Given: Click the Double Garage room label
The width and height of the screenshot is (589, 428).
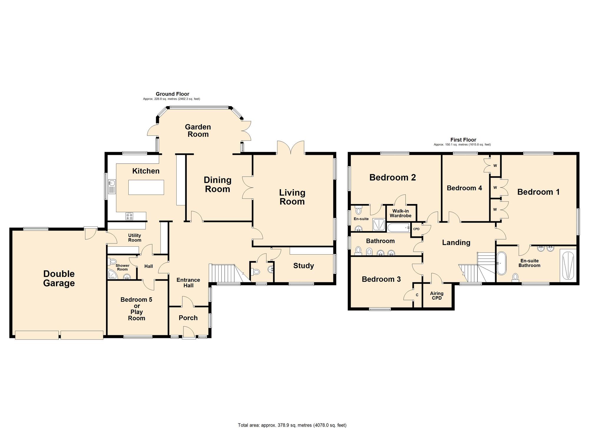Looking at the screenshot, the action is coord(59,278).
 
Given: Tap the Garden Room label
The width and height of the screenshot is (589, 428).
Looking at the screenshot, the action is coord(198,131).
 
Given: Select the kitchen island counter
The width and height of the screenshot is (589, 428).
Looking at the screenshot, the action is coord(146,187).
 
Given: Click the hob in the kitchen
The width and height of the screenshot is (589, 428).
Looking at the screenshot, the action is coord(129,216).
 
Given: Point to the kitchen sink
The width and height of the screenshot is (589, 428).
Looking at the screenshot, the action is coord(112,187).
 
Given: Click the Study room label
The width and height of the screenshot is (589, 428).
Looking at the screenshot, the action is coord(303,266).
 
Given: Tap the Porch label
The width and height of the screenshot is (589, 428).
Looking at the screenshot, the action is coord(188,318).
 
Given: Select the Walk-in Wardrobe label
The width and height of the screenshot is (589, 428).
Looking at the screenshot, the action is coord(401,213).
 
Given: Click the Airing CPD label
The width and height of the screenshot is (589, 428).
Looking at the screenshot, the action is coord(436,296).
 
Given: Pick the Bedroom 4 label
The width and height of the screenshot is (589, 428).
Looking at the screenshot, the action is coord(464,188).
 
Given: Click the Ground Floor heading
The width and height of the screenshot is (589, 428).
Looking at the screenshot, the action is coord(173,94).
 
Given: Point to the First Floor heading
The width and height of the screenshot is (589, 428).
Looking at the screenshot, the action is coord(463,140).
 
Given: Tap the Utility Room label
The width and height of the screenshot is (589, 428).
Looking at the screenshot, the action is coord(135,238).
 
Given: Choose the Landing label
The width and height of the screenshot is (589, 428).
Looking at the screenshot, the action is coord(456,243).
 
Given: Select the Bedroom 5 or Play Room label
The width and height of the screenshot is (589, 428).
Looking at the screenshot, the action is coord(136,309).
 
